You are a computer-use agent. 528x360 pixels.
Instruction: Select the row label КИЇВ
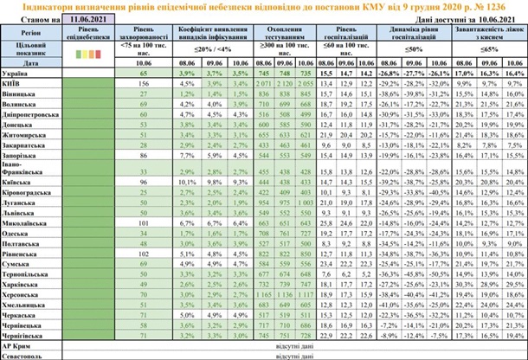pyautogui.click(x=14, y=85)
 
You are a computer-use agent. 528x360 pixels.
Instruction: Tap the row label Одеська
pyautogui.click(x=19, y=234)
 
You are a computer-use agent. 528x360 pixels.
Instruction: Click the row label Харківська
pyautogui.click(x=23, y=284)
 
